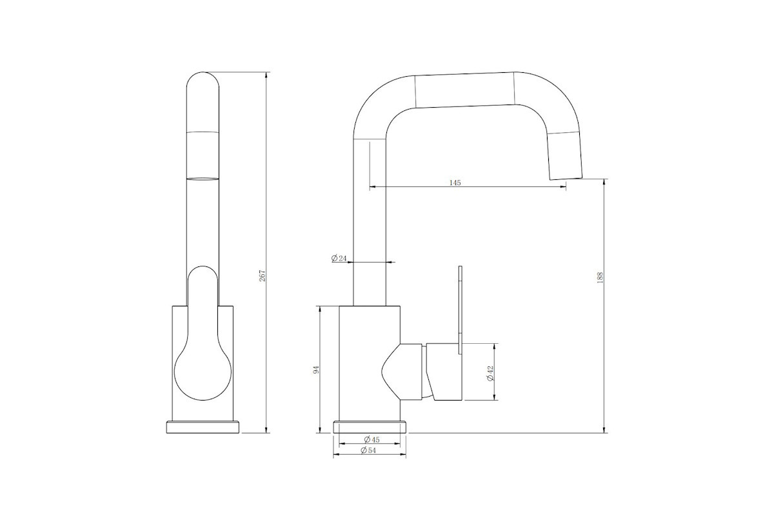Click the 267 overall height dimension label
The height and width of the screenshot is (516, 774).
coord(263,275)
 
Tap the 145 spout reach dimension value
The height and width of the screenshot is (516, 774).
coord(455,183)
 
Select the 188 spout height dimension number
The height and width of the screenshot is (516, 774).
coord(600,278)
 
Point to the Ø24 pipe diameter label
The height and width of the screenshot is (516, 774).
coord(339,258)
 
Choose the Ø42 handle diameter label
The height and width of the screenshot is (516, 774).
coord(490,373)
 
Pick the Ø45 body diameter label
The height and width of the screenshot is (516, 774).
coord(372,440)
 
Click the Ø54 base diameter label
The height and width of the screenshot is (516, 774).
coord(368,450)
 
